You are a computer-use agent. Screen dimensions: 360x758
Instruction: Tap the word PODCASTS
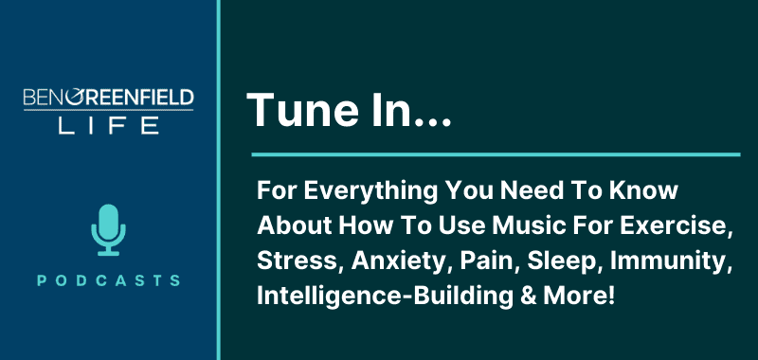point(108,280)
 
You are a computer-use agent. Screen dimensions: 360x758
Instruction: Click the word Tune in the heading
point(293,112)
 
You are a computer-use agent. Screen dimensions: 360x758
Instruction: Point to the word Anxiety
point(378,261)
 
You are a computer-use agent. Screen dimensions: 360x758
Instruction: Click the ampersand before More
point(509,296)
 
